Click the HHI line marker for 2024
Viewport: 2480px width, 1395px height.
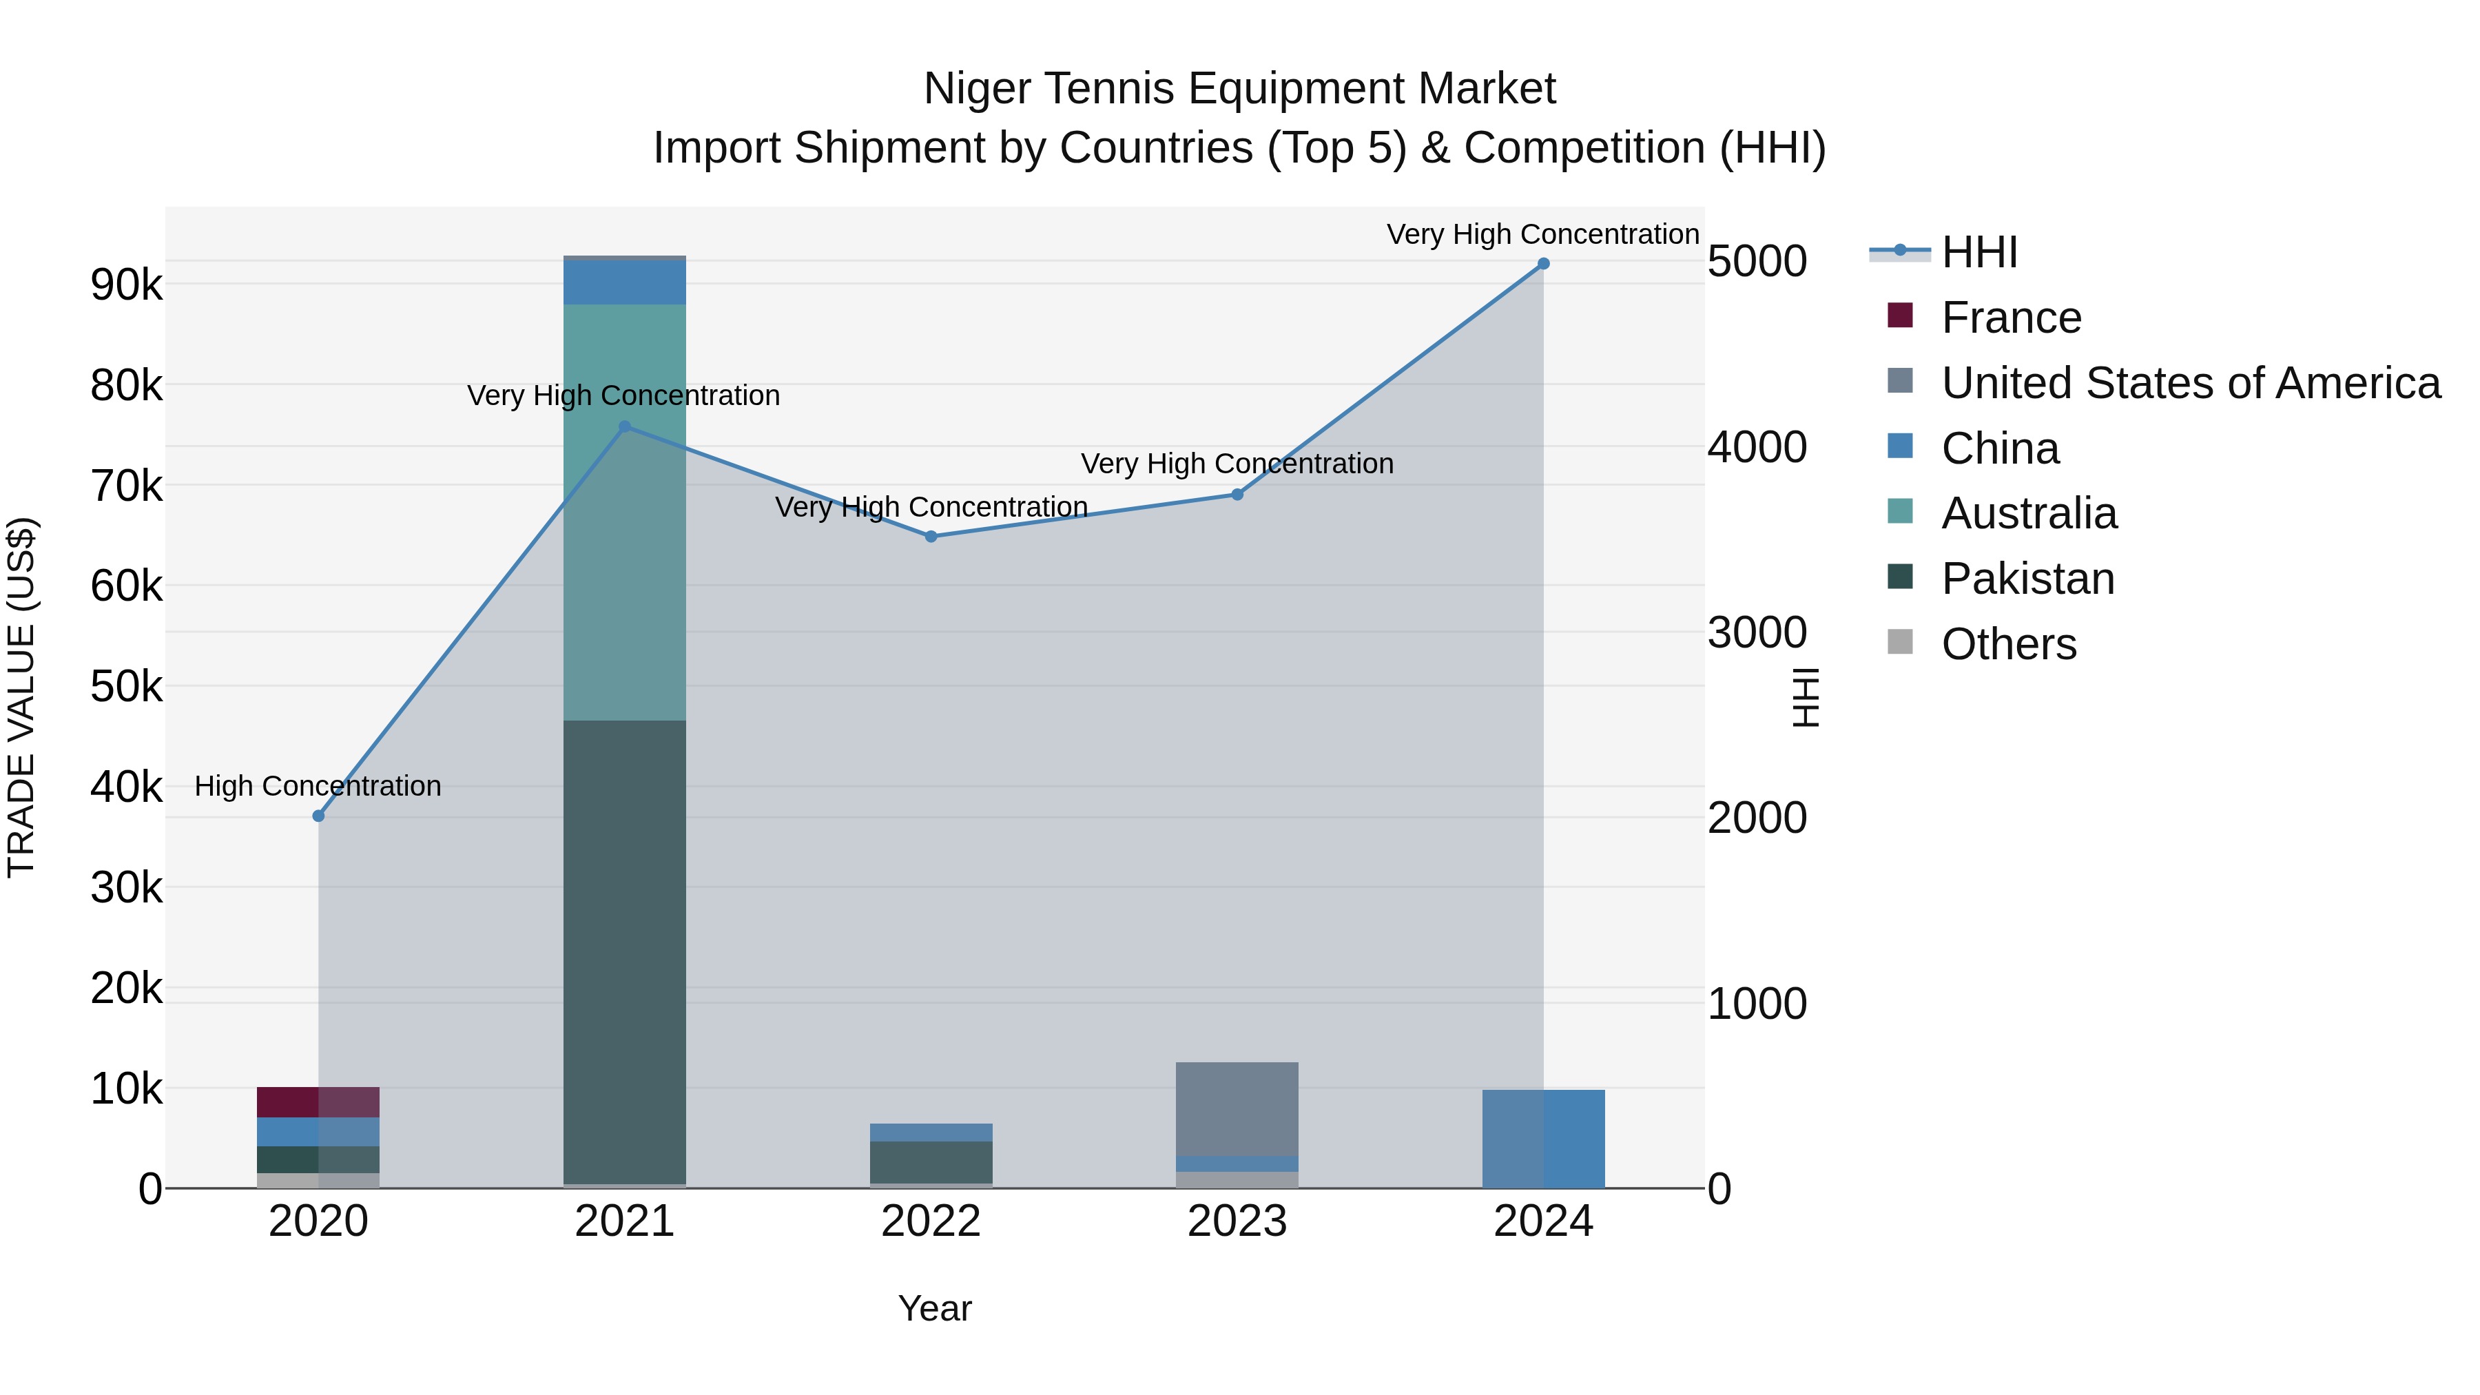1543,264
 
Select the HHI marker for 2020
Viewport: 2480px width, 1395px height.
319,816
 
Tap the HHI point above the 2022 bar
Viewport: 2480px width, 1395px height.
931,536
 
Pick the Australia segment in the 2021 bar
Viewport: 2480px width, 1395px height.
625,511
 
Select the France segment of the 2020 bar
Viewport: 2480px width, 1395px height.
319,1102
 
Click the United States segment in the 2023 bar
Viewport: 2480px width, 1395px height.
1237,1108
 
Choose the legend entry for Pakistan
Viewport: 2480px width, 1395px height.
2027,579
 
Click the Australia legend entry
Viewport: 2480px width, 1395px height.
2029,513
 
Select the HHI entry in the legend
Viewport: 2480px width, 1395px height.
1978,252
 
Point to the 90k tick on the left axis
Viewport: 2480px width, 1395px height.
126,285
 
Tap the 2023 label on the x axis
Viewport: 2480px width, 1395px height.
1237,1221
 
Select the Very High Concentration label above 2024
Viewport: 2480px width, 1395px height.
1542,234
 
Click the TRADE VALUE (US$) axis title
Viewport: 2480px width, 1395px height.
21,697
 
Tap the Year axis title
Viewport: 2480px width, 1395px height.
935,1308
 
